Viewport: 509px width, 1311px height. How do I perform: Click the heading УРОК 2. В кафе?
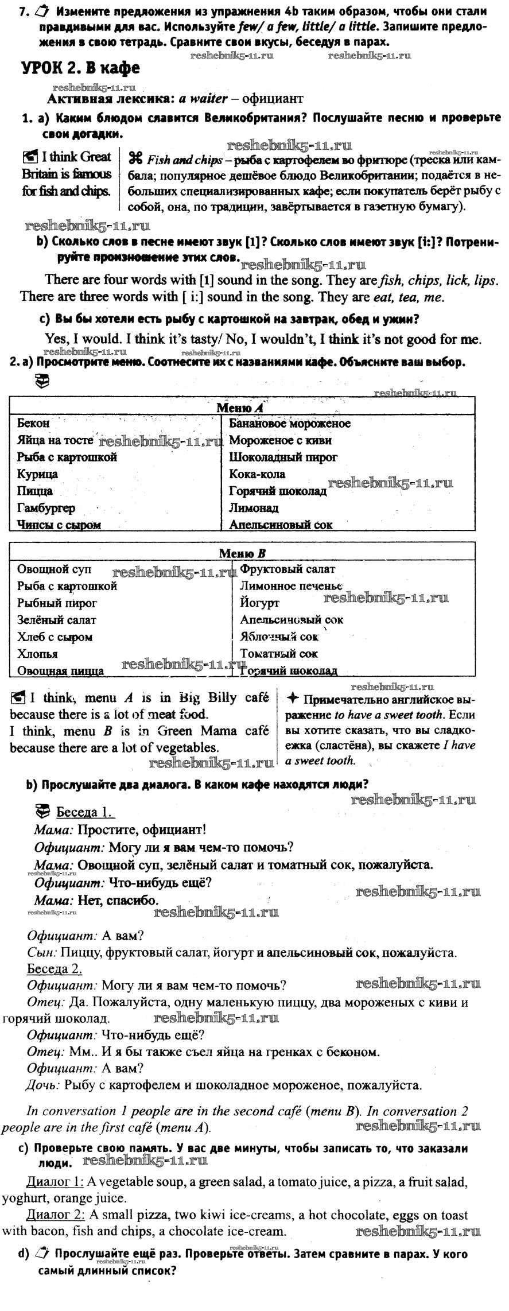80,68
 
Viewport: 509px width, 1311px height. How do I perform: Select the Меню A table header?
239,408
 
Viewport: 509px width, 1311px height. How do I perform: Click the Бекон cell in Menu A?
33,424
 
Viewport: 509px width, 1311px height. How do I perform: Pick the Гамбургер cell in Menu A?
46,508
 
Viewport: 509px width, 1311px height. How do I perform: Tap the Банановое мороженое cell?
290,424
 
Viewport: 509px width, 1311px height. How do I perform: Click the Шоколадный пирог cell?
283,457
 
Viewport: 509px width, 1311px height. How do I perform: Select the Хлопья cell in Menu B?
37,654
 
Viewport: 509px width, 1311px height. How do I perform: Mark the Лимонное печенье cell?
291,586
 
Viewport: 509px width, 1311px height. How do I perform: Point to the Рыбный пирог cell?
57,603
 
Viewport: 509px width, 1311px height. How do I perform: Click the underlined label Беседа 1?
85,812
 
